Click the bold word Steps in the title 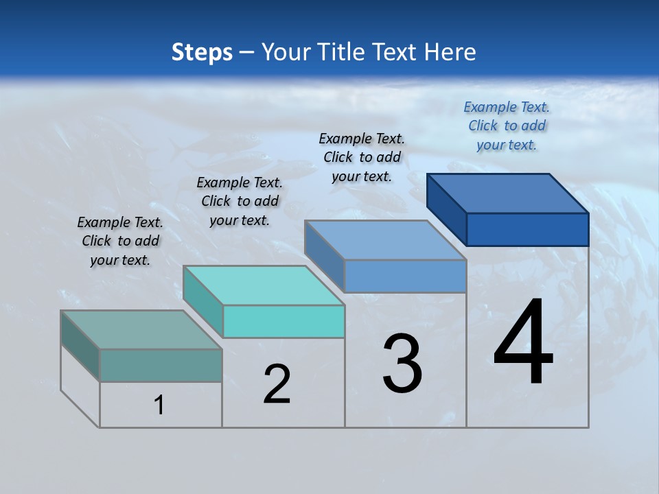(x=202, y=52)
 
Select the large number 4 (x=523, y=343)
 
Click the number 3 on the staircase (x=402, y=364)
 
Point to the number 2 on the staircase (x=277, y=384)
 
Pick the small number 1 (x=159, y=405)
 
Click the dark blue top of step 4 (x=508, y=193)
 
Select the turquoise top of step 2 (x=264, y=285)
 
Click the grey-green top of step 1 (x=141, y=330)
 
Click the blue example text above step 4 (x=507, y=126)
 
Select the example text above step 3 (x=362, y=157)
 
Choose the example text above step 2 (x=240, y=201)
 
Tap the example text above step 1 (x=120, y=241)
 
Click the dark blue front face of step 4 (x=527, y=229)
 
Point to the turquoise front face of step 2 (x=284, y=321)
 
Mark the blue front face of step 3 (x=405, y=276)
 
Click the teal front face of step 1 (x=161, y=365)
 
